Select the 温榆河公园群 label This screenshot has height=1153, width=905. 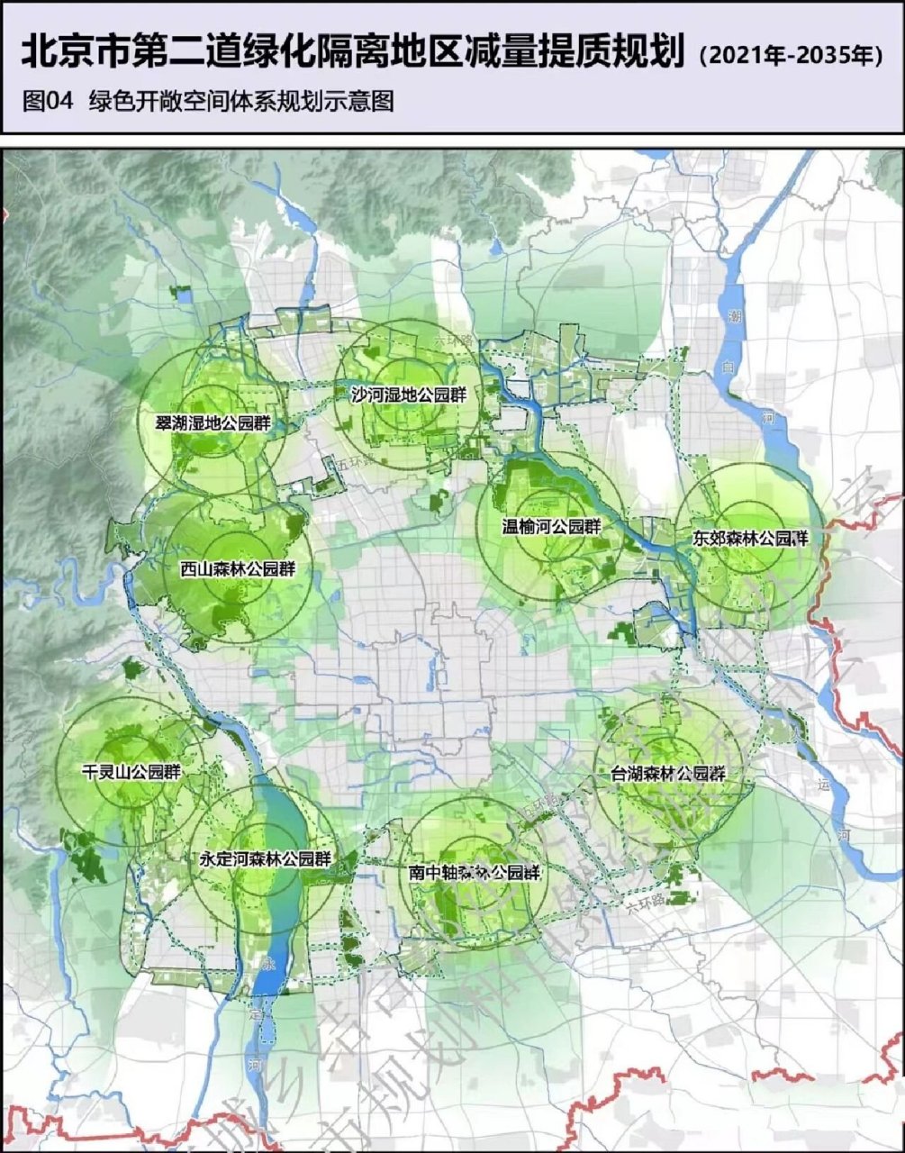pyautogui.click(x=551, y=527)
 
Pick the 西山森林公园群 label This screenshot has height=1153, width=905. pyautogui.click(x=238, y=568)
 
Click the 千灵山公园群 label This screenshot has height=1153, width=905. pyautogui.click(x=131, y=773)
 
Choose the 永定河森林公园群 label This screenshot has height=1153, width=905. pyautogui.click(x=265, y=859)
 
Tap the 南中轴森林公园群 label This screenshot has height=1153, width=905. pyautogui.click(x=474, y=872)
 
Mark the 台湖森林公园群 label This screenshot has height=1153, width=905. pyautogui.click(x=668, y=774)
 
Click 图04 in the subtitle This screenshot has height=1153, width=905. pyautogui.click(x=47, y=101)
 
